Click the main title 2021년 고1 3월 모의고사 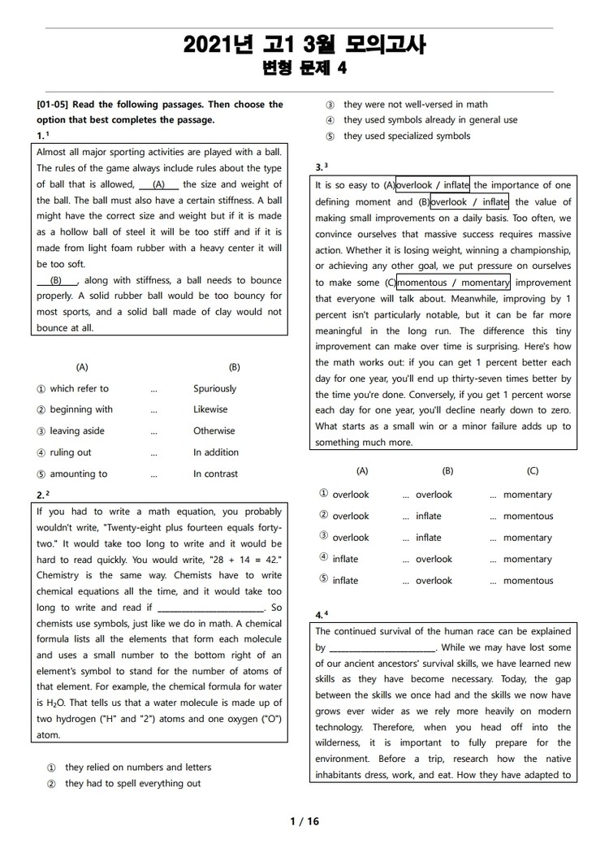pyautogui.click(x=304, y=45)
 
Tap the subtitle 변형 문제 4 pyautogui.click(x=304, y=68)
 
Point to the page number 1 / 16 pyautogui.click(x=304, y=821)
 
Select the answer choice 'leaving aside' pyautogui.click(x=77, y=431)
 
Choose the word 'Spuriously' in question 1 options pyautogui.click(x=214, y=388)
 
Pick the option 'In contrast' pyautogui.click(x=215, y=474)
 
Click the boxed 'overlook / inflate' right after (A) pyautogui.click(x=432, y=185)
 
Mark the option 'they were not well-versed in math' pyautogui.click(x=415, y=105)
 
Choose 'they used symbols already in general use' pyautogui.click(x=430, y=120)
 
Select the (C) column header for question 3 pyautogui.click(x=533, y=471)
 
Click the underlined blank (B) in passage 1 pyautogui.click(x=57, y=280)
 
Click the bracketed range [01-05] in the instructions pyautogui.click(x=53, y=105)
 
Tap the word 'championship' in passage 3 pyautogui.click(x=533, y=250)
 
